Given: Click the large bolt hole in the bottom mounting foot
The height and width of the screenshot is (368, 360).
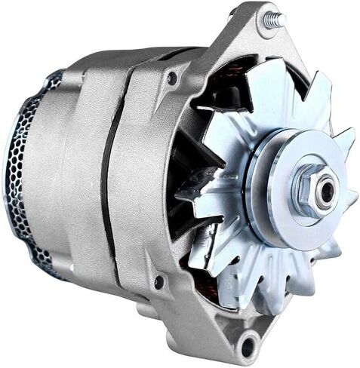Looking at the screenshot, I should click(x=248, y=345).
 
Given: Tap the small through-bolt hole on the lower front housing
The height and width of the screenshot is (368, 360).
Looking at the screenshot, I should click(x=158, y=281).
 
